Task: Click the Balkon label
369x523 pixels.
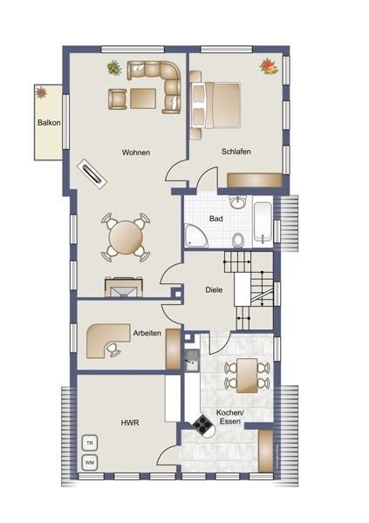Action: [49, 123]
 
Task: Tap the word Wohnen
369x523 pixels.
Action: [136, 153]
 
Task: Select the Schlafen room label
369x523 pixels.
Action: [236, 152]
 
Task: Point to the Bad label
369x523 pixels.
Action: [216, 219]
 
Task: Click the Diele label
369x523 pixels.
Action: [214, 290]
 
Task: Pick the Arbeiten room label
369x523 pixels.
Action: [147, 333]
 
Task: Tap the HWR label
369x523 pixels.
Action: [130, 423]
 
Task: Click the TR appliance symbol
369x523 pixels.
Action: [90, 443]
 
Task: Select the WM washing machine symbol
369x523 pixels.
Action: [90, 463]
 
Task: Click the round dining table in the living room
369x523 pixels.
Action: [126, 237]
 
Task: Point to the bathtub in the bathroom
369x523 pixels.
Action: [263, 221]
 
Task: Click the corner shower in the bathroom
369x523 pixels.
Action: [195, 236]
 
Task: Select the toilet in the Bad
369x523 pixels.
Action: [238, 241]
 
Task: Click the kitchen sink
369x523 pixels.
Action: [192, 360]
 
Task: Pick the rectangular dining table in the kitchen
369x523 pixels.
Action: [247, 376]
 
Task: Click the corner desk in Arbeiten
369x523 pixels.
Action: [106, 340]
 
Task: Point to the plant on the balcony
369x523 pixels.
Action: [41, 92]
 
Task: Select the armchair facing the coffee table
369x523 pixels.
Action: [117, 98]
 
